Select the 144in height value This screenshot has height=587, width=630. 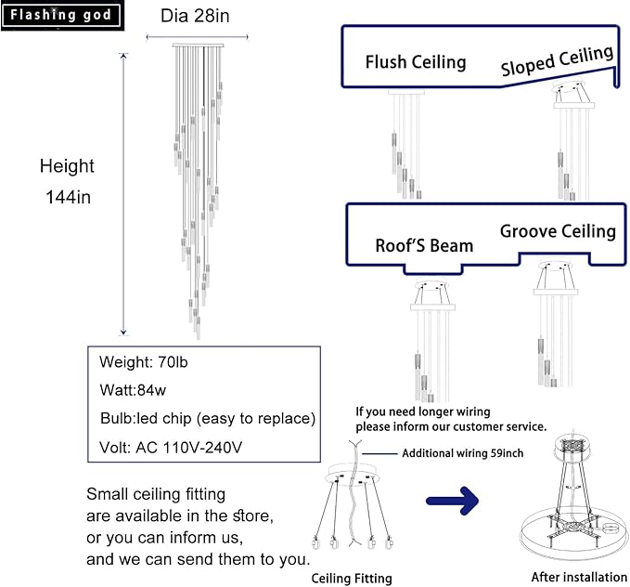[x=68, y=197]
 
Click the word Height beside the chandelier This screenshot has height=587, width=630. [x=67, y=166]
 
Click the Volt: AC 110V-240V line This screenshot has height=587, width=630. [x=171, y=447]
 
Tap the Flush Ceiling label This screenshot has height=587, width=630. [x=415, y=62]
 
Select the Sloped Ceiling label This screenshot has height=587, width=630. [x=557, y=60]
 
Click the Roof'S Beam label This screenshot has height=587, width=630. [x=424, y=246]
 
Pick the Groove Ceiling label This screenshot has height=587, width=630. [x=558, y=231]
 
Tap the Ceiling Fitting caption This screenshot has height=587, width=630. [x=351, y=578]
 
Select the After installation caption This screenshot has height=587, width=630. [x=572, y=577]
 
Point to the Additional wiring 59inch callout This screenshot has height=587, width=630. [x=461, y=454]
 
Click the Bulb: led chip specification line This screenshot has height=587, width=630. [x=207, y=417]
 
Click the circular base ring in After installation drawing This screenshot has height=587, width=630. [x=569, y=537]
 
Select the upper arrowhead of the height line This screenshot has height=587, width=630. [x=124, y=57]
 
